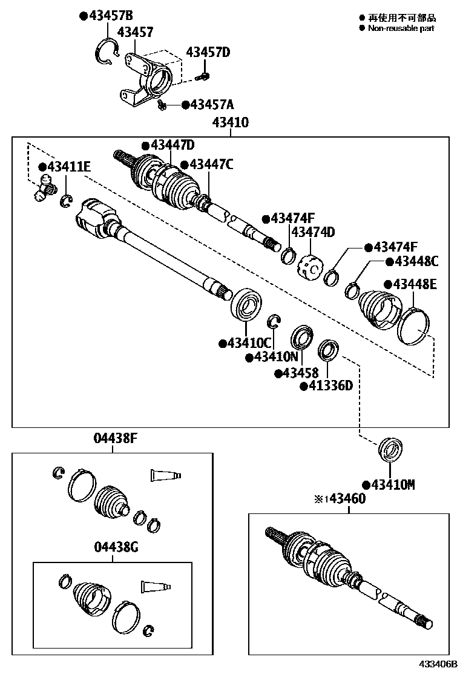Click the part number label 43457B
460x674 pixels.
[111, 16]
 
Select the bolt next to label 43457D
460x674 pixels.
[204, 76]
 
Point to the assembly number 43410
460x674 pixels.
[230, 123]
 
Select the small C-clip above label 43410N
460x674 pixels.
[274, 321]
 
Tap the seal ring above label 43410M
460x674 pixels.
[390, 451]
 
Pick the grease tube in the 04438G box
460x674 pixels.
[156, 586]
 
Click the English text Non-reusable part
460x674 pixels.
[401, 28]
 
